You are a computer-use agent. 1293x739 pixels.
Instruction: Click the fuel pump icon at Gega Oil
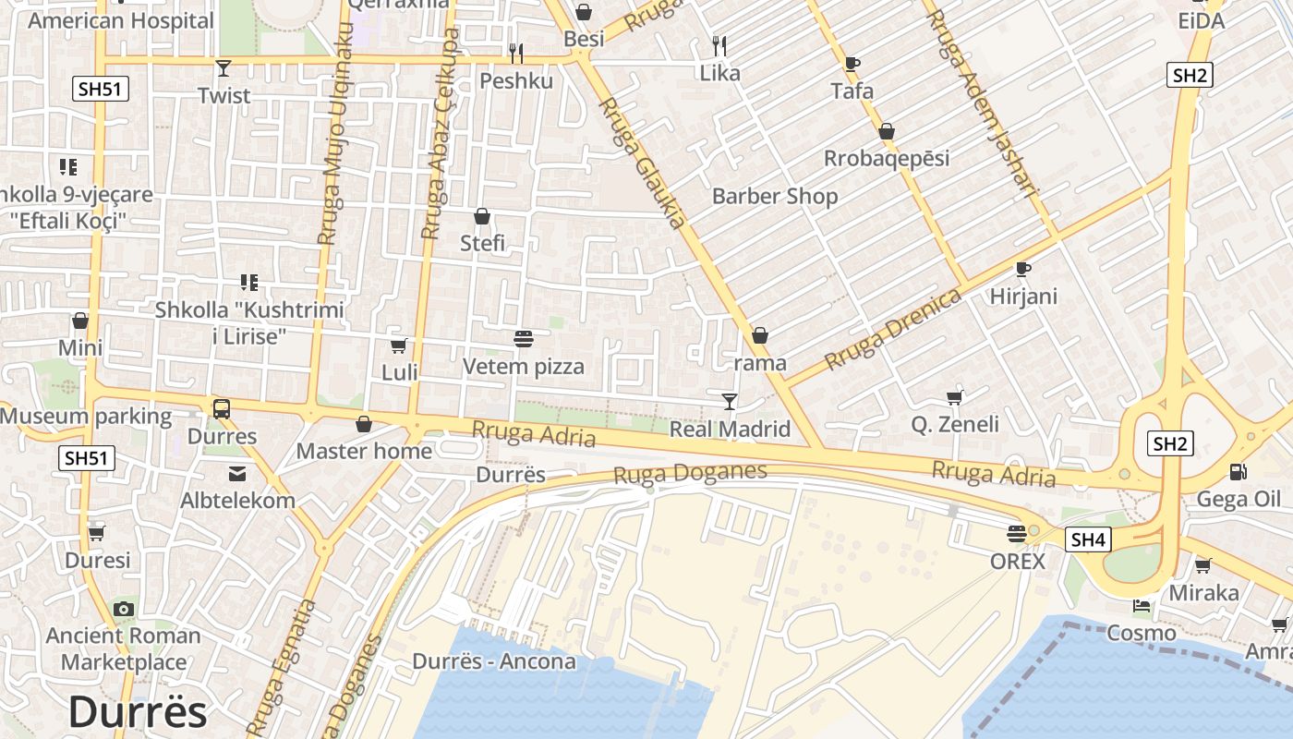1237,472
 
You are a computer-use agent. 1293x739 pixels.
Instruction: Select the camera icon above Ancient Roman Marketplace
123,609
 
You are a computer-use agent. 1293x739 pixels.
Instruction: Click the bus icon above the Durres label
222,409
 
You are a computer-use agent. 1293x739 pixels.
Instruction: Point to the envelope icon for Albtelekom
237,474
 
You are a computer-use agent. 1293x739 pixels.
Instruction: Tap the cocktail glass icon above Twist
223,67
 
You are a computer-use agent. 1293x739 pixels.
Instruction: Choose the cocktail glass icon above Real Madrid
730,401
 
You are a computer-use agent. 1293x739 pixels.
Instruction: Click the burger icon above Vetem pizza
524,339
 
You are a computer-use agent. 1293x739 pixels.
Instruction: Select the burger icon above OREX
1017,534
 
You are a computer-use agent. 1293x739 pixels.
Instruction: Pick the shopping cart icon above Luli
399,345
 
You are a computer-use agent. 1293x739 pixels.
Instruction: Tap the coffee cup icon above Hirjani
1022,269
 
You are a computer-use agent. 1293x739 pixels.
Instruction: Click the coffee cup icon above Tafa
852,64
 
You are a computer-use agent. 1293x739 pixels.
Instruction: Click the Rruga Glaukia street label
644,163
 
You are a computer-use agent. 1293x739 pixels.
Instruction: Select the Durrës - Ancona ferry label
494,661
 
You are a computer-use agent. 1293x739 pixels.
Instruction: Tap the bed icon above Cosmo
1142,606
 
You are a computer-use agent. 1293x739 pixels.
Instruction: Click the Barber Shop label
775,196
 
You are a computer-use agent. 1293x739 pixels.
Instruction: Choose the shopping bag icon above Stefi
482,217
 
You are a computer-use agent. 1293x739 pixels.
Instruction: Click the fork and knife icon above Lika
719,45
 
